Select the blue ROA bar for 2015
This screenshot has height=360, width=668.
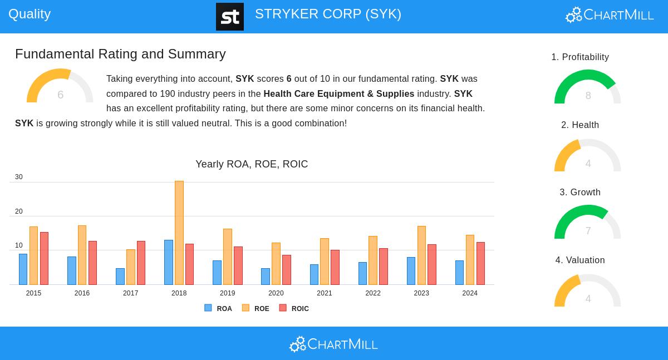click(x=23, y=269)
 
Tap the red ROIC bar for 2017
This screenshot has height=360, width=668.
click(x=141, y=263)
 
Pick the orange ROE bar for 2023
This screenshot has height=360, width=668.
click(x=421, y=255)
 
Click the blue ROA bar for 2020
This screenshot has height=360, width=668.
click(x=266, y=277)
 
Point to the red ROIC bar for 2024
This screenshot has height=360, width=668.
click(x=480, y=263)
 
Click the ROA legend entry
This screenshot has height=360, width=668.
click(x=218, y=308)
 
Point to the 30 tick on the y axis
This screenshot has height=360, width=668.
click(x=19, y=177)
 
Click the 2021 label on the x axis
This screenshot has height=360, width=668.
click(x=325, y=293)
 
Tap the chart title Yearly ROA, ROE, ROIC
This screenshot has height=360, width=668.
click(x=252, y=164)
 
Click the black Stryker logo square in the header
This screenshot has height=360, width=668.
click(x=230, y=17)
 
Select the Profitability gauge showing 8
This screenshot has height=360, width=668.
click(x=587, y=87)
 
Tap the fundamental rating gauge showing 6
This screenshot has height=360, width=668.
click(x=60, y=86)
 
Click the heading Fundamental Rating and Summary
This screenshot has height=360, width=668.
click(x=120, y=54)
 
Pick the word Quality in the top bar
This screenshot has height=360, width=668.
click(x=30, y=14)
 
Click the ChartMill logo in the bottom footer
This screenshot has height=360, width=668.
click(x=333, y=344)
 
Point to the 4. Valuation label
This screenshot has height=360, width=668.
click(x=580, y=260)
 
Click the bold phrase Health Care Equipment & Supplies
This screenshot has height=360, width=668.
click(x=338, y=94)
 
